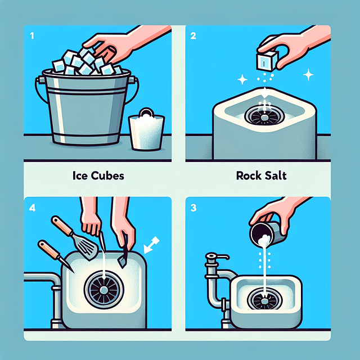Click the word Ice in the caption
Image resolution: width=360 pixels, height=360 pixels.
[x=80, y=175]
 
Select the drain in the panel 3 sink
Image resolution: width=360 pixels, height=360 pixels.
[x=262, y=299]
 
